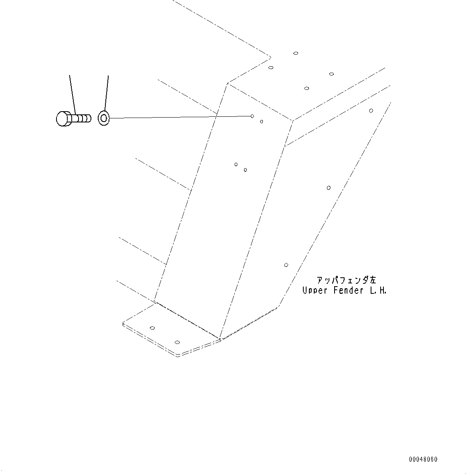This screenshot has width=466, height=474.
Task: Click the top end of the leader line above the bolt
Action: [x=70, y=75]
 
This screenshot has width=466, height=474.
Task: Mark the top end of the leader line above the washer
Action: [x=108, y=75]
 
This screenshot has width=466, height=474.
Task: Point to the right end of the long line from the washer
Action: [x=251, y=116]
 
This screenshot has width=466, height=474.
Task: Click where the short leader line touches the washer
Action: [x=105, y=111]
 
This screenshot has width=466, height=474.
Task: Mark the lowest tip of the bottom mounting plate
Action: [x=178, y=357]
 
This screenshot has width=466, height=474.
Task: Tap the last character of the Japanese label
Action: [x=373, y=280]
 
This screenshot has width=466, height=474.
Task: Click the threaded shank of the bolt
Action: [x=81, y=118]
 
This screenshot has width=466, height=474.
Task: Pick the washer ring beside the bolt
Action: [x=104, y=118]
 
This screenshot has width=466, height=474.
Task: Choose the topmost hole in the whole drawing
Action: [x=296, y=53]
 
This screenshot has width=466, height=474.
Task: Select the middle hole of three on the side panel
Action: [x=329, y=188]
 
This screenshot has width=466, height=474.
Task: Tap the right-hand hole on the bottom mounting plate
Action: [x=177, y=342]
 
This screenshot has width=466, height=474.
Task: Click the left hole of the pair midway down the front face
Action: [x=236, y=165]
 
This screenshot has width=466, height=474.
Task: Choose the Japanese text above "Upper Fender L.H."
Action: [x=347, y=280]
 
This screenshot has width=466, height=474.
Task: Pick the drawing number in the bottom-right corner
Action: [x=423, y=460]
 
